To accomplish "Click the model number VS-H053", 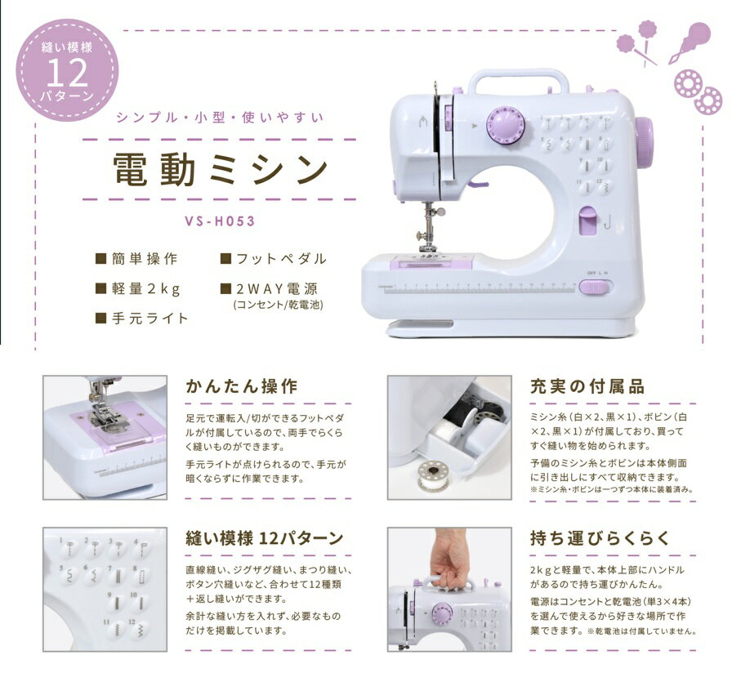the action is click(x=220, y=221).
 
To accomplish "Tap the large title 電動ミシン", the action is click(x=221, y=170).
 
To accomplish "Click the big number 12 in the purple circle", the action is click(x=67, y=72).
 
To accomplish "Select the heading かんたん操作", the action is click(x=242, y=386).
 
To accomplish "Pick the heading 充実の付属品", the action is click(x=587, y=386).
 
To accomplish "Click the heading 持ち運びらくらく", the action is click(x=600, y=538).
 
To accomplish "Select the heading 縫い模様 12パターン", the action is click(x=264, y=538).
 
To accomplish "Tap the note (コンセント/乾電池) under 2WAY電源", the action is click(x=279, y=305).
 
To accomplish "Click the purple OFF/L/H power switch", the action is click(x=595, y=288).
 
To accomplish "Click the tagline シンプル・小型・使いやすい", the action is click(x=221, y=117).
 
